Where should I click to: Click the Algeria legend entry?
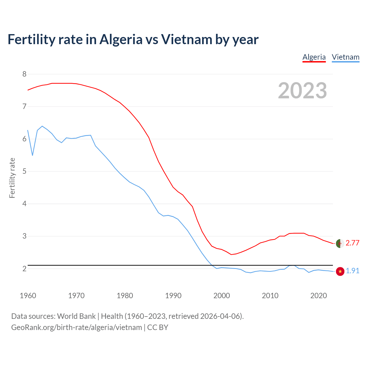pos(314,57)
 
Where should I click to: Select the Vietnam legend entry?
pos(345,57)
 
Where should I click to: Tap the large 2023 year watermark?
pos(302,91)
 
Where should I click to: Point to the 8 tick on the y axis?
pos(24,74)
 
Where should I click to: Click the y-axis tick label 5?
pos(24,171)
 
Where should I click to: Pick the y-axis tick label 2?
pos(24,269)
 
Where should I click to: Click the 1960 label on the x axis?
pos(28,296)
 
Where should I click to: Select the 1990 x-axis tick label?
pos(173,296)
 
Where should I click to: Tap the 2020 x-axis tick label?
pos(319,296)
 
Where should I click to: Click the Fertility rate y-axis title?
pos(12,178)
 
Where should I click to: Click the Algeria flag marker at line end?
pos(340,243)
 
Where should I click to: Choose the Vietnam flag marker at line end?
pos(340,271)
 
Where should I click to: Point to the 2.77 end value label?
pos(352,243)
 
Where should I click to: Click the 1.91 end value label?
pos(352,271)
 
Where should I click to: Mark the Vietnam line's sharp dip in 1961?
pos(33,155)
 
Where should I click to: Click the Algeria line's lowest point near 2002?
pos(231,254)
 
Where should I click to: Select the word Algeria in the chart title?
pos(121,39)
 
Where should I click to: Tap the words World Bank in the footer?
pos(76,316)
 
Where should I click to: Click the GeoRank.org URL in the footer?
pos(77,327)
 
